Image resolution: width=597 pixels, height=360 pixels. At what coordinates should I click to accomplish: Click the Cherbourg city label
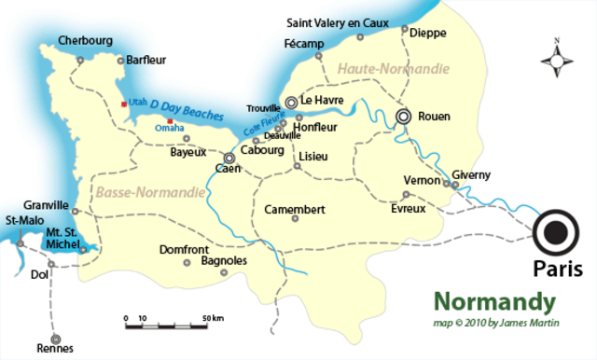[x=85, y=40]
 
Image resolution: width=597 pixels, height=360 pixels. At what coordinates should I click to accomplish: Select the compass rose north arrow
[x=558, y=59]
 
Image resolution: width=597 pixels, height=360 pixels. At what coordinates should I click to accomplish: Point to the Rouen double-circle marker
[x=404, y=117]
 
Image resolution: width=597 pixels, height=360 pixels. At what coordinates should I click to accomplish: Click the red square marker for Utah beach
[x=124, y=105]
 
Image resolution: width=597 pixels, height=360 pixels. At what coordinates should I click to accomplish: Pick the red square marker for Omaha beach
[x=169, y=121]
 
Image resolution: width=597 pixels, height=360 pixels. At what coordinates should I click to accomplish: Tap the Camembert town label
[x=295, y=209]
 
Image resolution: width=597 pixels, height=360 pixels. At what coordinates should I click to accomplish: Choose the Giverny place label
[x=470, y=173]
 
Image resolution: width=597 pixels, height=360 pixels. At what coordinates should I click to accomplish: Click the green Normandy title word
[x=494, y=302]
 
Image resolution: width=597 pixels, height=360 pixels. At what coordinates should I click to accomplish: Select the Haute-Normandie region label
[x=395, y=69]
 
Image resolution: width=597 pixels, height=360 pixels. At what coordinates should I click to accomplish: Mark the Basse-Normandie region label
[x=149, y=191]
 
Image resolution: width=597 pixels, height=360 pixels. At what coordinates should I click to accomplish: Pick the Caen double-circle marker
[x=229, y=158]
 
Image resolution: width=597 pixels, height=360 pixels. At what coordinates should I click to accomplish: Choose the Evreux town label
[x=408, y=208]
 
